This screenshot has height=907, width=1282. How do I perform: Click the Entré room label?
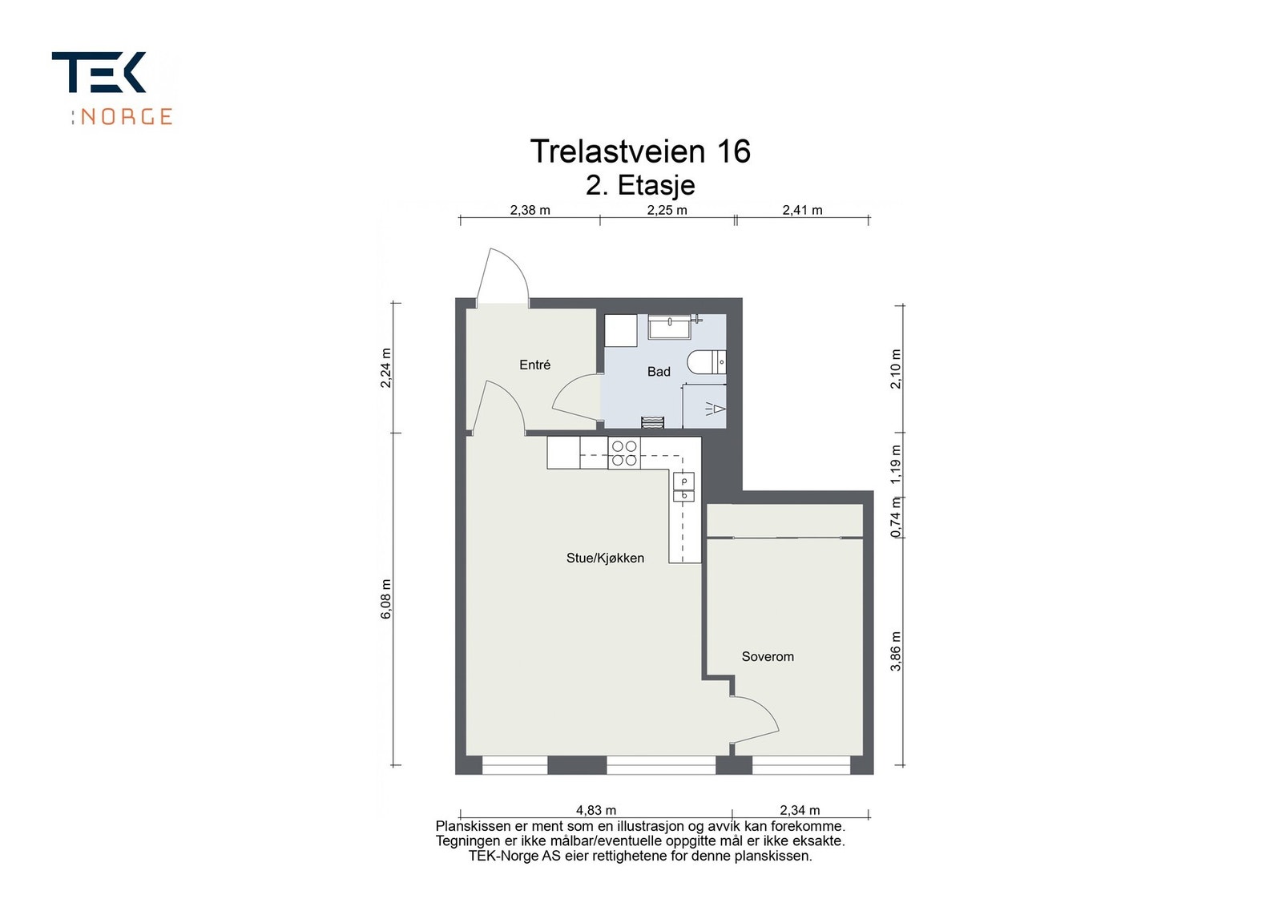click(534, 365)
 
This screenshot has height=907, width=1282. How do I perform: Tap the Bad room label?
click(659, 372)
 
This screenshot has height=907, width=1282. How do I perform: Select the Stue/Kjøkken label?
click(605, 558)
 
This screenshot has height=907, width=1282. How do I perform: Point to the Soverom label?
click(768, 656)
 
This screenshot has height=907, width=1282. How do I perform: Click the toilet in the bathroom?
click(707, 362)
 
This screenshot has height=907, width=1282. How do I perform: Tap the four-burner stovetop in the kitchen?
click(624, 453)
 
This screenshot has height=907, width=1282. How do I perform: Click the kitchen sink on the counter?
click(684, 487)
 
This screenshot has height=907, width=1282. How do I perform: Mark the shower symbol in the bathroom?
click(715, 409)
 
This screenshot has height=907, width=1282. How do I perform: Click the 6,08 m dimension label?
click(386, 599)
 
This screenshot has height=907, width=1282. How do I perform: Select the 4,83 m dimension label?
click(596, 810)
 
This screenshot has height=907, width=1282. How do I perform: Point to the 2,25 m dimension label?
click(667, 210)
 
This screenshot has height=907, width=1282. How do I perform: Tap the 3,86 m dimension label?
click(897, 651)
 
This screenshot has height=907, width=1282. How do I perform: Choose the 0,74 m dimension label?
click(897, 517)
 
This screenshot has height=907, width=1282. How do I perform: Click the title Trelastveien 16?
click(640, 151)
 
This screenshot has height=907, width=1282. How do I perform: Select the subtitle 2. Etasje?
click(640, 185)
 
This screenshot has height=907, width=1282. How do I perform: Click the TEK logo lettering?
click(99, 72)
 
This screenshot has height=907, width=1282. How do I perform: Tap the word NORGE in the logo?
click(126, 117)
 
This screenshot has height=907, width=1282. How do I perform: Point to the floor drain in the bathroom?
click(652, 422)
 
